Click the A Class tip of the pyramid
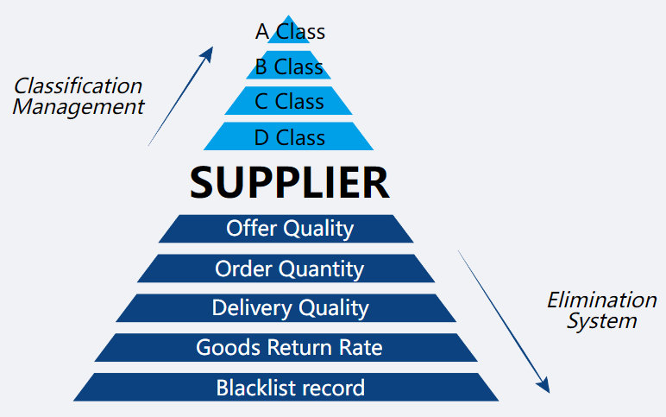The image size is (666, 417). click(290, 32)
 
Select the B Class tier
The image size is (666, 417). click(289, 66)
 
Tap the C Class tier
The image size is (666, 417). click(289, 101)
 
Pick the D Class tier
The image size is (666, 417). click(289, 137)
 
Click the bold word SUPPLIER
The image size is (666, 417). click(289, 182)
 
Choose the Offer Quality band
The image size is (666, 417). click(289, 229)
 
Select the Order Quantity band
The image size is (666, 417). click(289, 269)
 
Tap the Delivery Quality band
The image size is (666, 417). click(289, 308)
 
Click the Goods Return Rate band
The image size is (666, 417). click(289, 348)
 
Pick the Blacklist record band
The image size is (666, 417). click(289, 388)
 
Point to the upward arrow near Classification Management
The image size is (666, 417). click(181, 96)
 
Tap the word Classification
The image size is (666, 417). click(79, 85)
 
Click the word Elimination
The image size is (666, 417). click(601, 300)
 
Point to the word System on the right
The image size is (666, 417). click(601, 321)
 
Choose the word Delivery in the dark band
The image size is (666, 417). click(247, 308)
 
